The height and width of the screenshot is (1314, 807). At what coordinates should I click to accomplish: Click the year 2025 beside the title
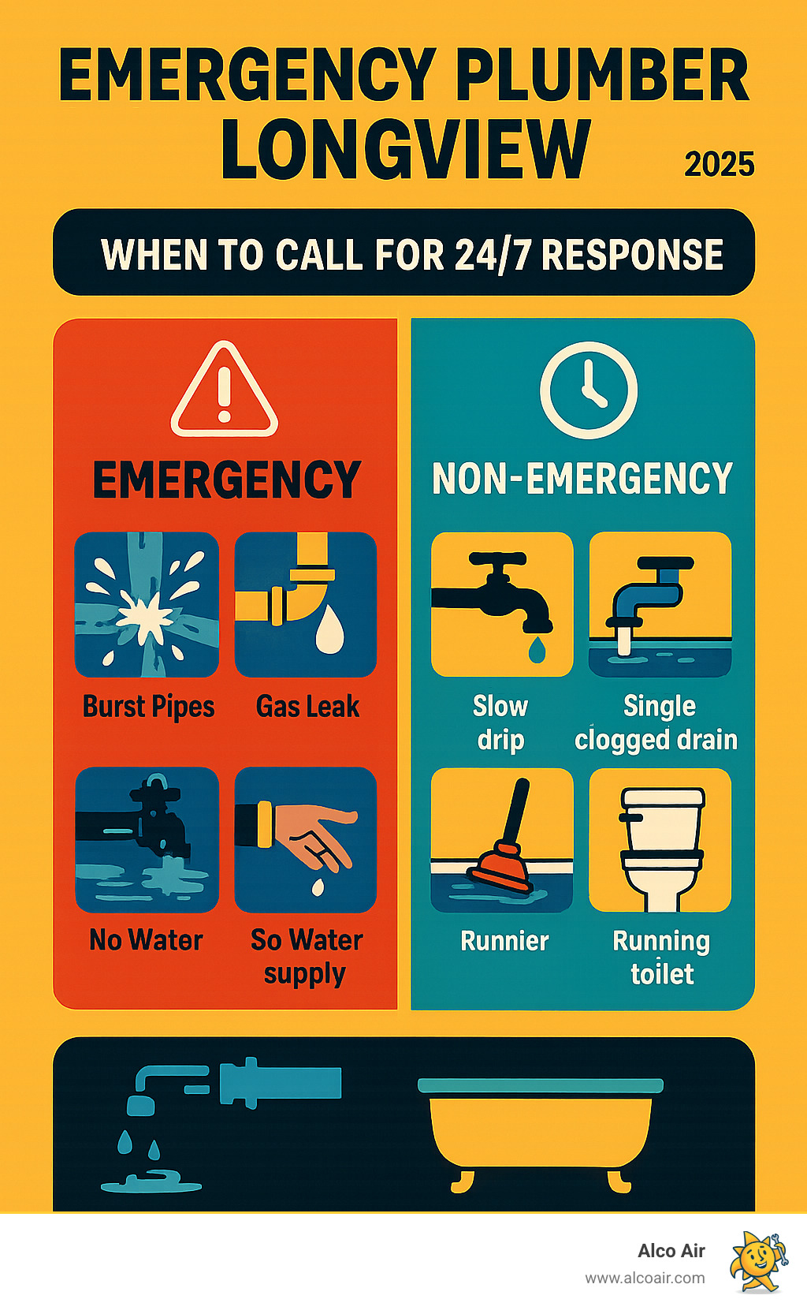[x=719, y=165]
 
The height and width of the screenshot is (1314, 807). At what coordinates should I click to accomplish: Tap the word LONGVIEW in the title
[x=405, y=149]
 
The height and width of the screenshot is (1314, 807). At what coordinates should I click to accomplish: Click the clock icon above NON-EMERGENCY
[x=588, y=390]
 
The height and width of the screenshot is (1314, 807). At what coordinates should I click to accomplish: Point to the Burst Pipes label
[x=149, y=707]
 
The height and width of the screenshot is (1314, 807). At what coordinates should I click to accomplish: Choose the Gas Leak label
[x=307, y=707]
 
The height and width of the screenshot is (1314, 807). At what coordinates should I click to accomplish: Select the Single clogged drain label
[x=656, y=722]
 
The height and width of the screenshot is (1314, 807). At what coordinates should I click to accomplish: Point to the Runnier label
[x=504, y=941]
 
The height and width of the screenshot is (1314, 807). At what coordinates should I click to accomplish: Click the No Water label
[x=146, y=940]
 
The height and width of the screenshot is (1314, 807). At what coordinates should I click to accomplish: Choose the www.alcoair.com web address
[x=645, y=1278]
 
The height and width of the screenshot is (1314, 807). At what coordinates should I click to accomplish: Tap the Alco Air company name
[x=671, y=1251]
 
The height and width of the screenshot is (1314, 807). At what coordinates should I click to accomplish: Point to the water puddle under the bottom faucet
[x=151, y=1183]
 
